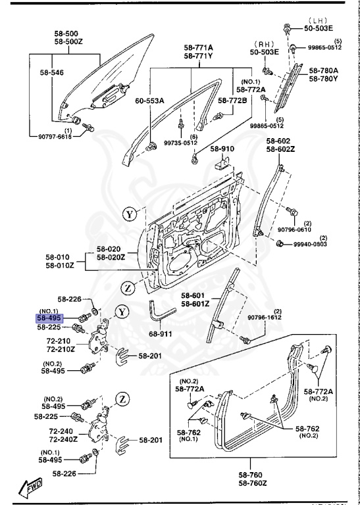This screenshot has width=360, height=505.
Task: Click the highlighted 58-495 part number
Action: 50,317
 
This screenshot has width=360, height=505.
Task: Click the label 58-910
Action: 223,149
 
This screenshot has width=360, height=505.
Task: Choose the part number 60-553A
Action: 149,101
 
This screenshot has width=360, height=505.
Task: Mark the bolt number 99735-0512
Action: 180,143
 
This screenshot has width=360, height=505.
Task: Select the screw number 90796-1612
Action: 265,318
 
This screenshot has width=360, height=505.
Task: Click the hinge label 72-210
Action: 59,341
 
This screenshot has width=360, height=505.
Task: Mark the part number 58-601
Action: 194,295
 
